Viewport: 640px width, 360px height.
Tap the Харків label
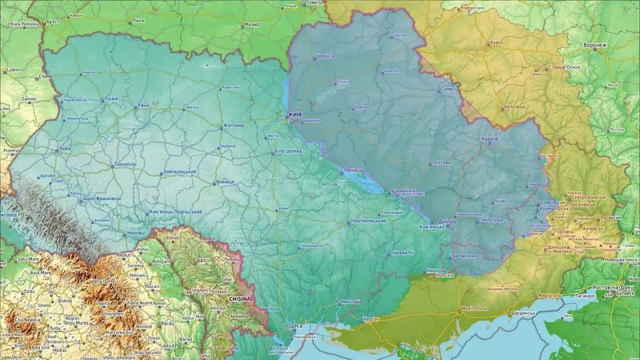coord(489,139)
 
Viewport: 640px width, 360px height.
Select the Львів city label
coord(65,149)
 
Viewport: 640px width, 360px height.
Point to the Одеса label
coord(294,326)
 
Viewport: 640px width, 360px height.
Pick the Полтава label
coord(441,162)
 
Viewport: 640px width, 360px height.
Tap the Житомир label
coord(233,125)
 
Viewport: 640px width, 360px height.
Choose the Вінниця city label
coord(225,181)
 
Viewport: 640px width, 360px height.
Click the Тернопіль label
coord(123,164)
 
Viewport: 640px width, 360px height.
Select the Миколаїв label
coord(351,301)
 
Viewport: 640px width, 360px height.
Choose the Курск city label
coord(496,42)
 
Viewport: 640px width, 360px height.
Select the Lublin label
coord(13,69)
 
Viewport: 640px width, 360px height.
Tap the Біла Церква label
coord(289,151)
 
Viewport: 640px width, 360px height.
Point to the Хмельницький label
coord(179,172)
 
